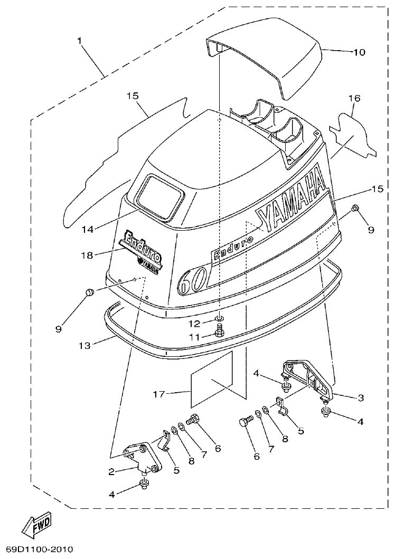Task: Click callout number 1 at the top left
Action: coord(81,41)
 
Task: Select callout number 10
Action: coord(359,52)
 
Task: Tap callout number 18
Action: coord(87,255)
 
